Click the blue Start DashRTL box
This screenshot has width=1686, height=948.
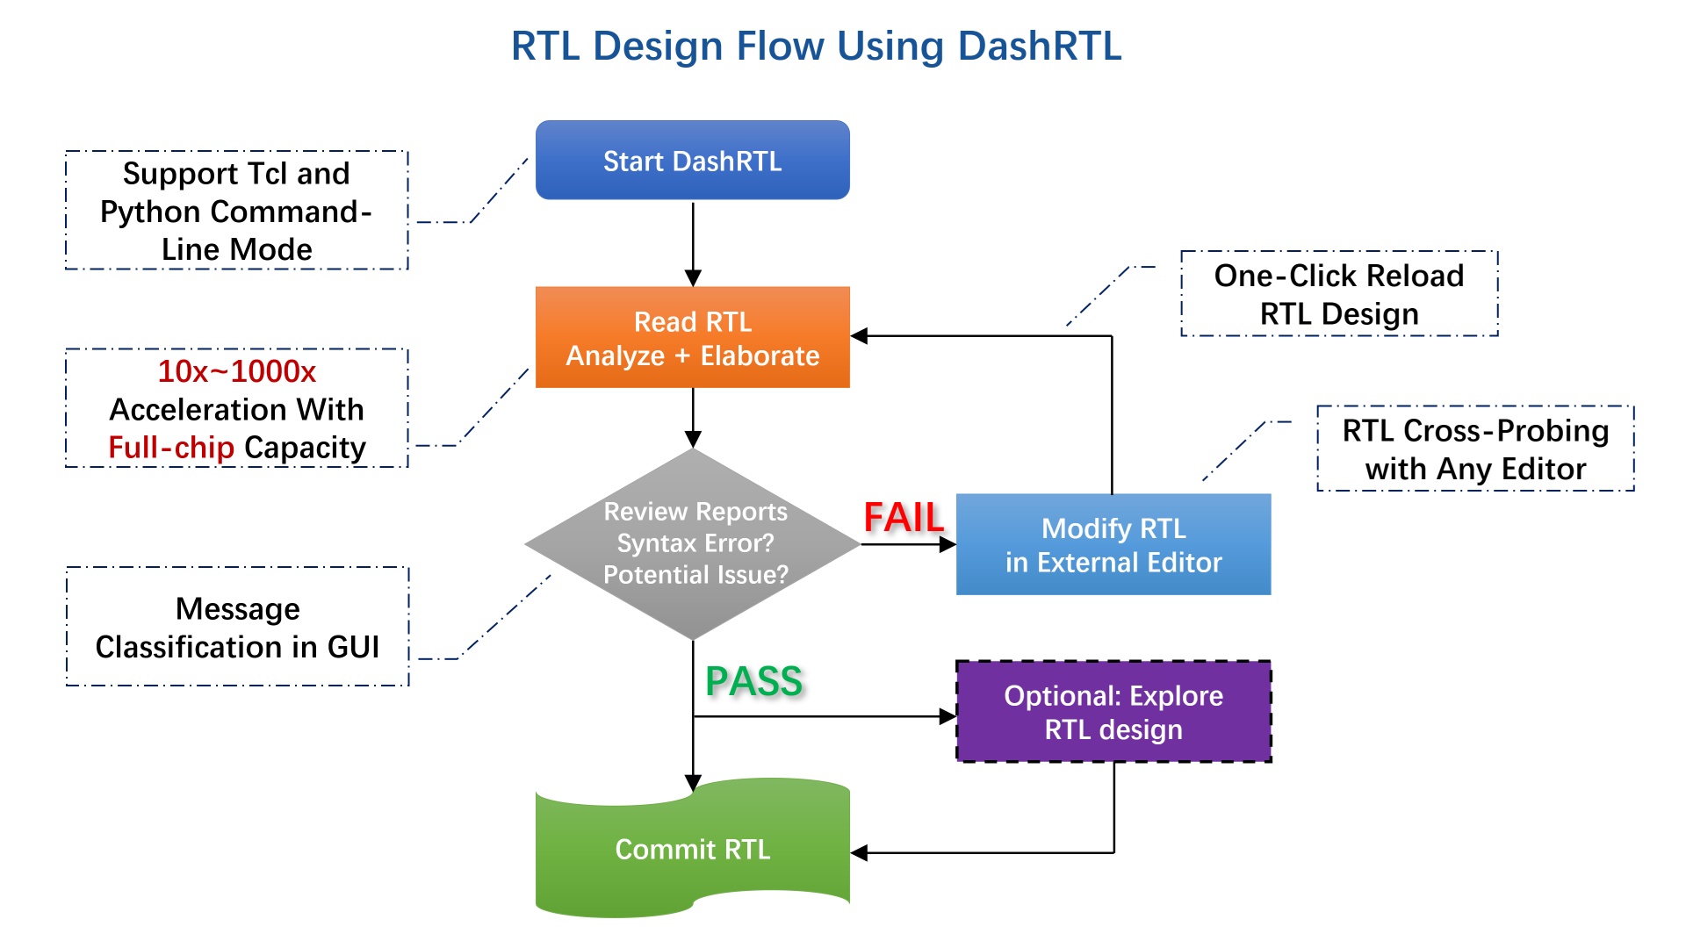pyautogui.click(x=692, y=161)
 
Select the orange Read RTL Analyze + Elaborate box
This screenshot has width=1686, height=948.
pyautogui.click(x=692, y=338)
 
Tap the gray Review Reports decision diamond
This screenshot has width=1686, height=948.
pyautogui.click(x=693, y=543)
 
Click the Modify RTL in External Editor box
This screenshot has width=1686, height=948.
pyautogui.click(x=1113, y=544)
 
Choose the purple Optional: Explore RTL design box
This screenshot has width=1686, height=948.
pyautogui.click(x=1113, y=712)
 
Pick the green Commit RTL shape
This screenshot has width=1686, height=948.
pyautogui.click(x=692, y=849)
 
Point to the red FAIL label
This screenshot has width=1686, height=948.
pyautogui.click(x=903, y=517)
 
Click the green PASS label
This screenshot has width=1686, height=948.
pyautogui.click(x=753, y=681)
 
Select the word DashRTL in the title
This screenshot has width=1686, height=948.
pyautogui.click(x=1039, y=46)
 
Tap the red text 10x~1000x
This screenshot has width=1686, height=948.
pyautogui.click(x=236, y=371)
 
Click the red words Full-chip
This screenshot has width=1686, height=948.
pyautogui.click(x=171, y=448)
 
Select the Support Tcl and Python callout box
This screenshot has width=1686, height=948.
pyautogui.click(x=236, y=211)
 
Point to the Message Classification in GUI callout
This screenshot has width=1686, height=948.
pyautogui.click(x=237, y=627)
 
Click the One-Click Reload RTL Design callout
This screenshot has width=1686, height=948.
pyautogui.click(x=1338, y=294)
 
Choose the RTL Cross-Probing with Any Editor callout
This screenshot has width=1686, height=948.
pyautogui.click(x=1475, y=449)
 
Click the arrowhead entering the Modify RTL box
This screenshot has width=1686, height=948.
pyautogui.click(x=947, y=544)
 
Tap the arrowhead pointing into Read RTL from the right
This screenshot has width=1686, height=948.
pyautogui.click(x=860, y=336)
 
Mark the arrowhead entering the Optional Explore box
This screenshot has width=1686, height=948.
pyautogui.click(x=947, y=716)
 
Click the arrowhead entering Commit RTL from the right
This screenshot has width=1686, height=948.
pyautogui.click(x=860, y=852)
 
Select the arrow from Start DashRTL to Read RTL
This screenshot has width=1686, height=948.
pyautogui.click(x=693, y=242)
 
